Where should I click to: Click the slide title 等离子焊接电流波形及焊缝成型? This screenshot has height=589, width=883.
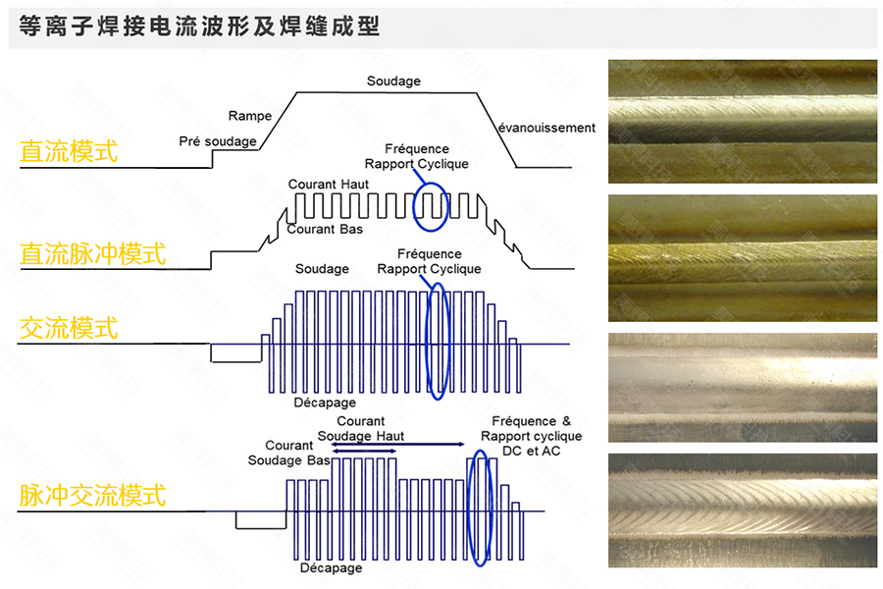click(194, 27)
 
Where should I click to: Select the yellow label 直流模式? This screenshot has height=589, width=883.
click(69, 151)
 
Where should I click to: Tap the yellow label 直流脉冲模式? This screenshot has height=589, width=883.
click(93, 253)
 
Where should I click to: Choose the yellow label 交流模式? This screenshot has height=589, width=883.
click(69, 327)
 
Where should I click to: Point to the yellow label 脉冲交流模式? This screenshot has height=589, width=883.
click(93, 495)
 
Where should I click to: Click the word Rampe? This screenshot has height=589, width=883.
click(249, 116)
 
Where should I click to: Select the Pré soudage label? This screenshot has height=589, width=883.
click(218, 141)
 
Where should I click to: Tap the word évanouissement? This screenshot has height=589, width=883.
click(546, 128)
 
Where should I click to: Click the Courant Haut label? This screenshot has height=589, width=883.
click(328, 185)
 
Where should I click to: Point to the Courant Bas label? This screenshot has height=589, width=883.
click(325, 230)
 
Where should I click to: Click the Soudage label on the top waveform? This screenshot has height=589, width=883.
click(393, 80)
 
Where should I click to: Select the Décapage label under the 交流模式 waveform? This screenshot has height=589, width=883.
click(325, 402)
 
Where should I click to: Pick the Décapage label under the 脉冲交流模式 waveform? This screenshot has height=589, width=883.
click(331, 567)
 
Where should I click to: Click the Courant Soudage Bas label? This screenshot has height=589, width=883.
click(288, 454)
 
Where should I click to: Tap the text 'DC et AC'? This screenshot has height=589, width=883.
click(531, 450)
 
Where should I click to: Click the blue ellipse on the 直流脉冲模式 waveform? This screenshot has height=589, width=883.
click(431, 202)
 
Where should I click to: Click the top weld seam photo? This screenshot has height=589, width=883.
click(743, 122)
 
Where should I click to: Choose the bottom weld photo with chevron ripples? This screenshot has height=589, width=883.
click(743, 509)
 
